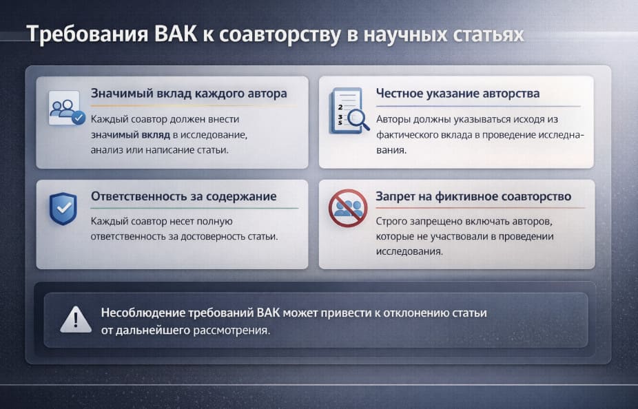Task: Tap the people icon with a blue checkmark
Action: click(66, 109)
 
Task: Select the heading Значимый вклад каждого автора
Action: click(189, 94)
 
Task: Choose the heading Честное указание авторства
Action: click(457, 94)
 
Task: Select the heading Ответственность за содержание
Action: click(184, 196)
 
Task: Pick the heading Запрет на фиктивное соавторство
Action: click(473, 196)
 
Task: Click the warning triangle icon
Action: click(75, 319)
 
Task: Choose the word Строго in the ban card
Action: click(392, 222)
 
